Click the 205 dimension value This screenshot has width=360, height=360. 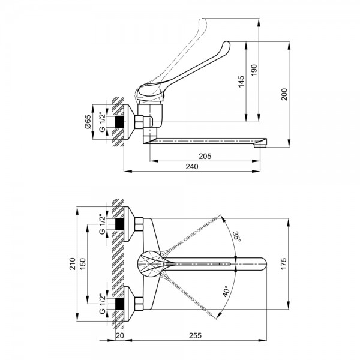click(205, 157)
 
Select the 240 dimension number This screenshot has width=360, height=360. click(192, 167)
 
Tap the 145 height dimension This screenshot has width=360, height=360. click(241, 82)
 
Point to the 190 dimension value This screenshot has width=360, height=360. click(254, 70)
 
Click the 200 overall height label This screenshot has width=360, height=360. click(284, 94)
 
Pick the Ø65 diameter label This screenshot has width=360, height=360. click(88, 122)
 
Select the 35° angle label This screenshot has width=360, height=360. click(236, 237)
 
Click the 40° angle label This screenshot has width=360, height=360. click(226, 292)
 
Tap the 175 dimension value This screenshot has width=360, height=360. click(284, 264)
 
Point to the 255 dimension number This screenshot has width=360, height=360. click(195, 335)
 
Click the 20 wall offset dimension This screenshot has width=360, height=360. click(119, 335)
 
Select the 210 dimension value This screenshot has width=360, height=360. click(73, 264)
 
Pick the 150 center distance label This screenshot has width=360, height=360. click(83, 264)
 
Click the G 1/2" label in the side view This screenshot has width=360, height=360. click(102, 122)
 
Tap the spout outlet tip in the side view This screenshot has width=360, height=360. click(260, 145)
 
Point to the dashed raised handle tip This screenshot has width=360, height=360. click(203, 21)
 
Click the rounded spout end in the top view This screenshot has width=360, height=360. click(262, 264)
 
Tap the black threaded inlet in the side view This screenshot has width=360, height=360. click(119, 122)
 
